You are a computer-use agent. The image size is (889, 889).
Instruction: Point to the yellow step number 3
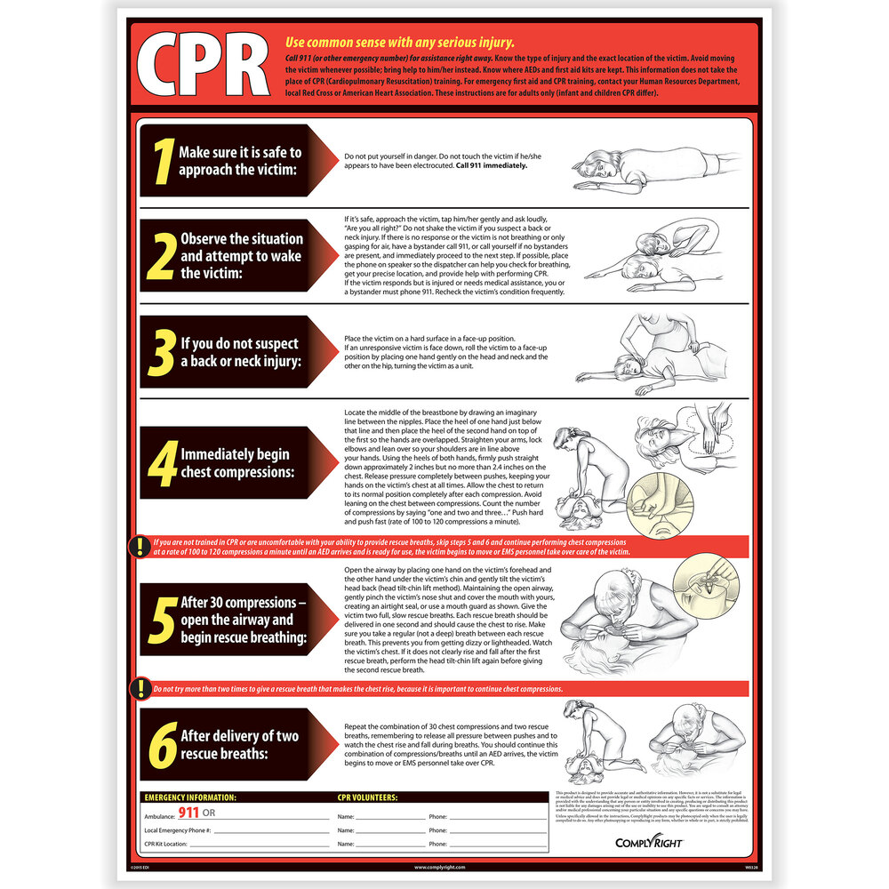point(162,353)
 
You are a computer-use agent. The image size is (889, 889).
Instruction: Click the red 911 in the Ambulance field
point(188,813)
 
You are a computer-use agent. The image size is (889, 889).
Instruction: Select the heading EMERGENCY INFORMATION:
point(190,797)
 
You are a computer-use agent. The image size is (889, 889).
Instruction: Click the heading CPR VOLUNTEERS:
point(367,797)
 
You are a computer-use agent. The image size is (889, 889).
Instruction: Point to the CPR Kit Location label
point(165,843)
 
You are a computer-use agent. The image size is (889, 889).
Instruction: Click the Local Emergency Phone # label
point(176,829)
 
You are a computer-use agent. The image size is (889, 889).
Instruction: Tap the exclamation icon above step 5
point(140,547)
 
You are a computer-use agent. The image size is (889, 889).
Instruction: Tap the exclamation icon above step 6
point(140,688)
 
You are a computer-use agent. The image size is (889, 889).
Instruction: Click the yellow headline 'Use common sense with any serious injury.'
point(399,42)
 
